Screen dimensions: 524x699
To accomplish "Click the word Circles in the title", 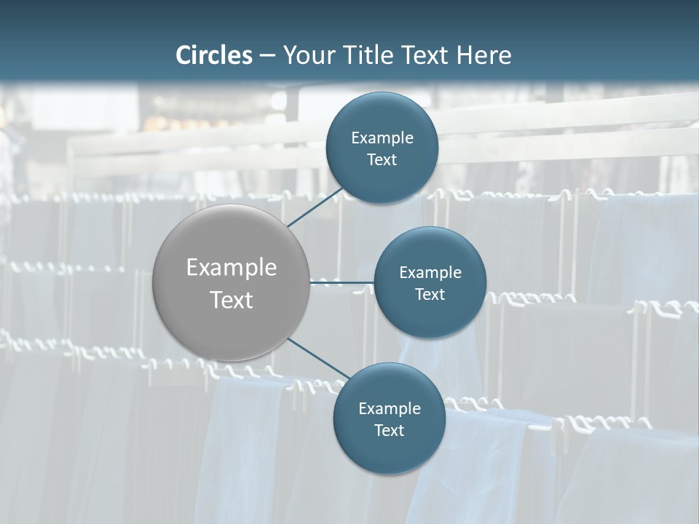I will pyautogui.click(x=214, y=55).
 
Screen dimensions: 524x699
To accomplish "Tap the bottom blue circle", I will pyautogui.click(x=389, y=451).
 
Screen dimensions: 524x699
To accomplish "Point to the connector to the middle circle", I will pyautogui.click(x=342, y=282).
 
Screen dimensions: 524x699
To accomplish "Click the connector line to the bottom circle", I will pyautogui.click(x=317, y=359).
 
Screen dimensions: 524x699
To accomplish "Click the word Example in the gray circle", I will pyautogui.click(x=232, y=268).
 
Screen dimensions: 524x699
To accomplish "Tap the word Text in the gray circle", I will pyautogui.click(x=232, y=300).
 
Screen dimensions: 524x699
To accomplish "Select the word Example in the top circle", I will pyautogui.click(x=382, y=138).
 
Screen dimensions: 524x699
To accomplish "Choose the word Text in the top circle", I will pyautogui.click(x=382, y=160).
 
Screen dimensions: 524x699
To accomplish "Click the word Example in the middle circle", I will pyautogui.click(x=430, y=273).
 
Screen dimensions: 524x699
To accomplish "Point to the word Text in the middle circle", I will pyautogui.click(x=430, y=295).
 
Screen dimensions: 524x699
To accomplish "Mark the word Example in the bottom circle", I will pyautogui.click(x=390, y=409).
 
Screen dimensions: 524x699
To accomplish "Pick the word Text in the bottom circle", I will pyautogui.click(x=390, y=431).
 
